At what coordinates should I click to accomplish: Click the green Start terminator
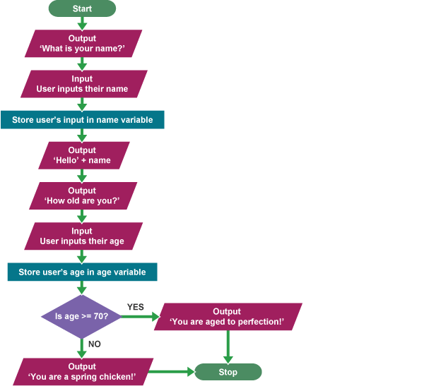(82, 8)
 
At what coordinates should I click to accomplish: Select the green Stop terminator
(228, 372)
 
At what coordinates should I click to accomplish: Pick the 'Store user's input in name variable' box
(82, 120)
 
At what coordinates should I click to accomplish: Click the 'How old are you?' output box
(82, 195)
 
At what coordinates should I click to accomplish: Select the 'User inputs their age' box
(82, 236)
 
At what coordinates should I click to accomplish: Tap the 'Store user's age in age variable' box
(82, 272)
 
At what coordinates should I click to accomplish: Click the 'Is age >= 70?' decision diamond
(82, 316)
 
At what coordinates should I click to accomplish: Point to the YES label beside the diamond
(135, 307)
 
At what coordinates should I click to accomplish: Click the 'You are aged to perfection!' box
(227, 317)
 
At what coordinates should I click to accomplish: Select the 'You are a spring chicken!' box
(82, 371)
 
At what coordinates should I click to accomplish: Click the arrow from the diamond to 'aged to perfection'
(140, 317)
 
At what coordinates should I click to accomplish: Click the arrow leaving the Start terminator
(82, 23)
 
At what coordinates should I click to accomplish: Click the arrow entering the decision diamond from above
(82, 288)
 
